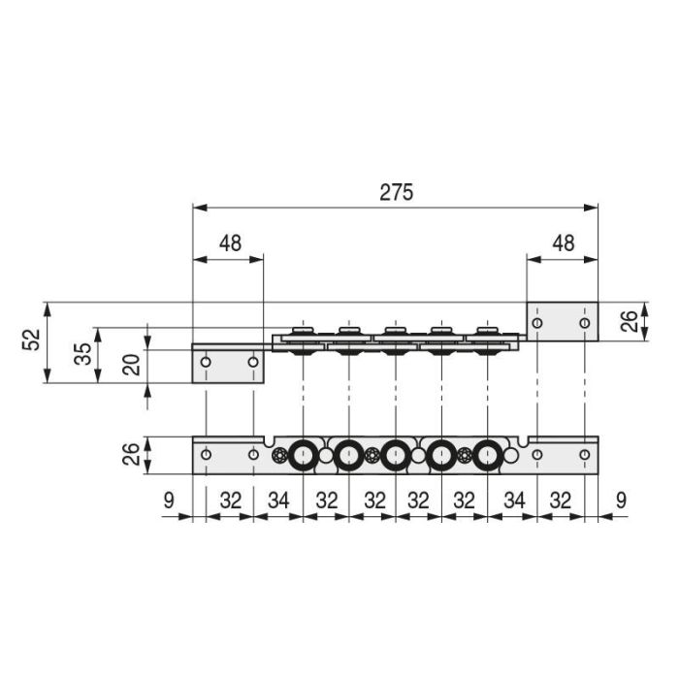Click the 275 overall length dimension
click(396, 192)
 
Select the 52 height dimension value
click(31, 341)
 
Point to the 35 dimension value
click(81, 354)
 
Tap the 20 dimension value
click(132, 365)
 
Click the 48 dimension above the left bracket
click(229, 243)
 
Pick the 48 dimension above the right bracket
click(563, 243)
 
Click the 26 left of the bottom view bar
click(132, 455)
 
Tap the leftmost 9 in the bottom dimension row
click(169, 501)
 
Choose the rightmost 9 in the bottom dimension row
click(621, 501)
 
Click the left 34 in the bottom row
click(278, 501)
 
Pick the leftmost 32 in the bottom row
click(230, 501)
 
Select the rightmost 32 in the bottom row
click(561, 501)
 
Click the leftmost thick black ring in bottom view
click(303, 455)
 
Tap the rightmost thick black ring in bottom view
click(487, 455)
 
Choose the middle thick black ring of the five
click(395, 455)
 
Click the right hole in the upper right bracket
click(584, 322)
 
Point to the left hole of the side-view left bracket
click(206, 363)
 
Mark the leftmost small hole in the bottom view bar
click(206, 454)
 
